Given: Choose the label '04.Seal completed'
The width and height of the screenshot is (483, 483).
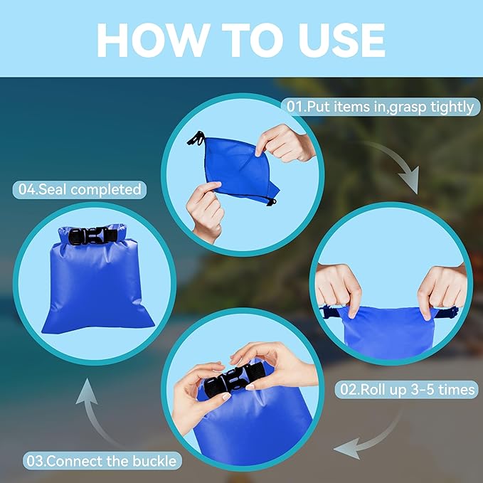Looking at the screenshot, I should point(78,190).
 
